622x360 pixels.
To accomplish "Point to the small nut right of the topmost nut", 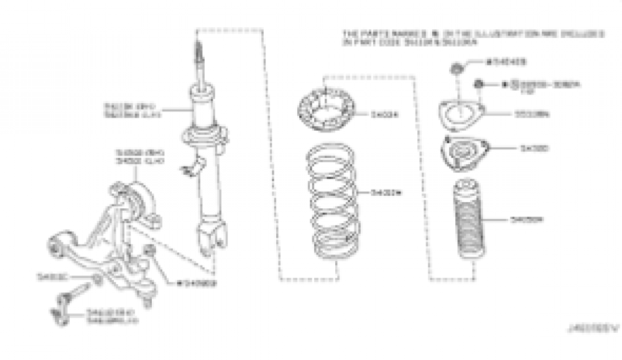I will click(x=479, y=85).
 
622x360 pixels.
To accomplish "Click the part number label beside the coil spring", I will click(x=386, y=193).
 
